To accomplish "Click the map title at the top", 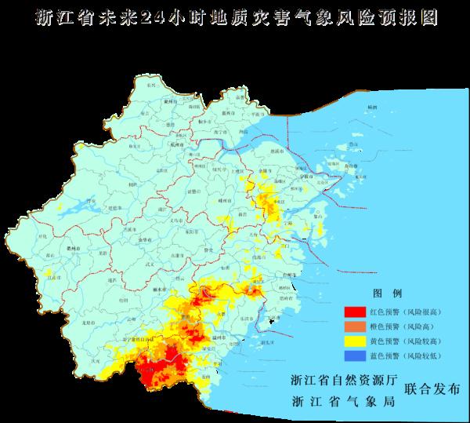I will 235,18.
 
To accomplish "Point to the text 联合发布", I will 432,388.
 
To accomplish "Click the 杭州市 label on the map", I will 177,145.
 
